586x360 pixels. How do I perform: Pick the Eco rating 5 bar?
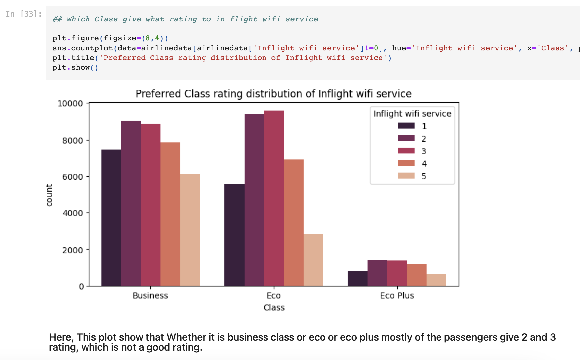tap(313, 260)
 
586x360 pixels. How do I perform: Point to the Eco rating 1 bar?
tap(234, 235)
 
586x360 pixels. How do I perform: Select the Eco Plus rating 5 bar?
tap(436, 280)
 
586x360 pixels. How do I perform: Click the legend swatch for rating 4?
tap(406, 163)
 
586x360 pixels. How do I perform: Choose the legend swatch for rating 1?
tap(406, 126)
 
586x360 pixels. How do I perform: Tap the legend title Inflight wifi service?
tap(412, 114)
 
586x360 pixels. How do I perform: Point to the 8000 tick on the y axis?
tap(72, 141)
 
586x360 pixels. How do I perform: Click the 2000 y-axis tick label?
tap(72, 250)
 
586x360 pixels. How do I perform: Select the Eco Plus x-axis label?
tap(397, 296)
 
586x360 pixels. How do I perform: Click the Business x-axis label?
tap(150, 296)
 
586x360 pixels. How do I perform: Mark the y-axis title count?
tap(49, 195)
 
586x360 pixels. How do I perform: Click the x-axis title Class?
tap(274, 308)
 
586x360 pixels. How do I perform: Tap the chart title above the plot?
tap(273, 94)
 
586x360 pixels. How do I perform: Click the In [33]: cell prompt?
tap(24, 14)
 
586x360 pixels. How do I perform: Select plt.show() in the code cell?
tap(75, 68)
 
